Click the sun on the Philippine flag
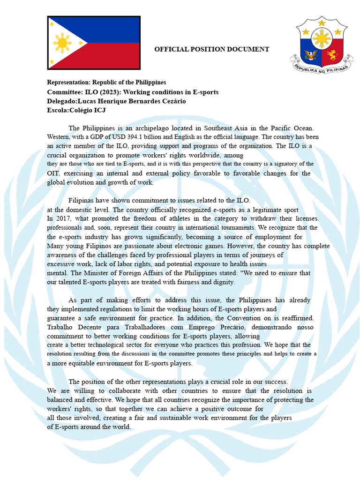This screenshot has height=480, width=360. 62,43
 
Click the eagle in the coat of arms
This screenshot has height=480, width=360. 311,55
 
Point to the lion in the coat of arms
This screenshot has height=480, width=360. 332,55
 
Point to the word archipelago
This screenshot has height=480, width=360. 157,128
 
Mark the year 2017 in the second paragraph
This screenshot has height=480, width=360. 66,218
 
